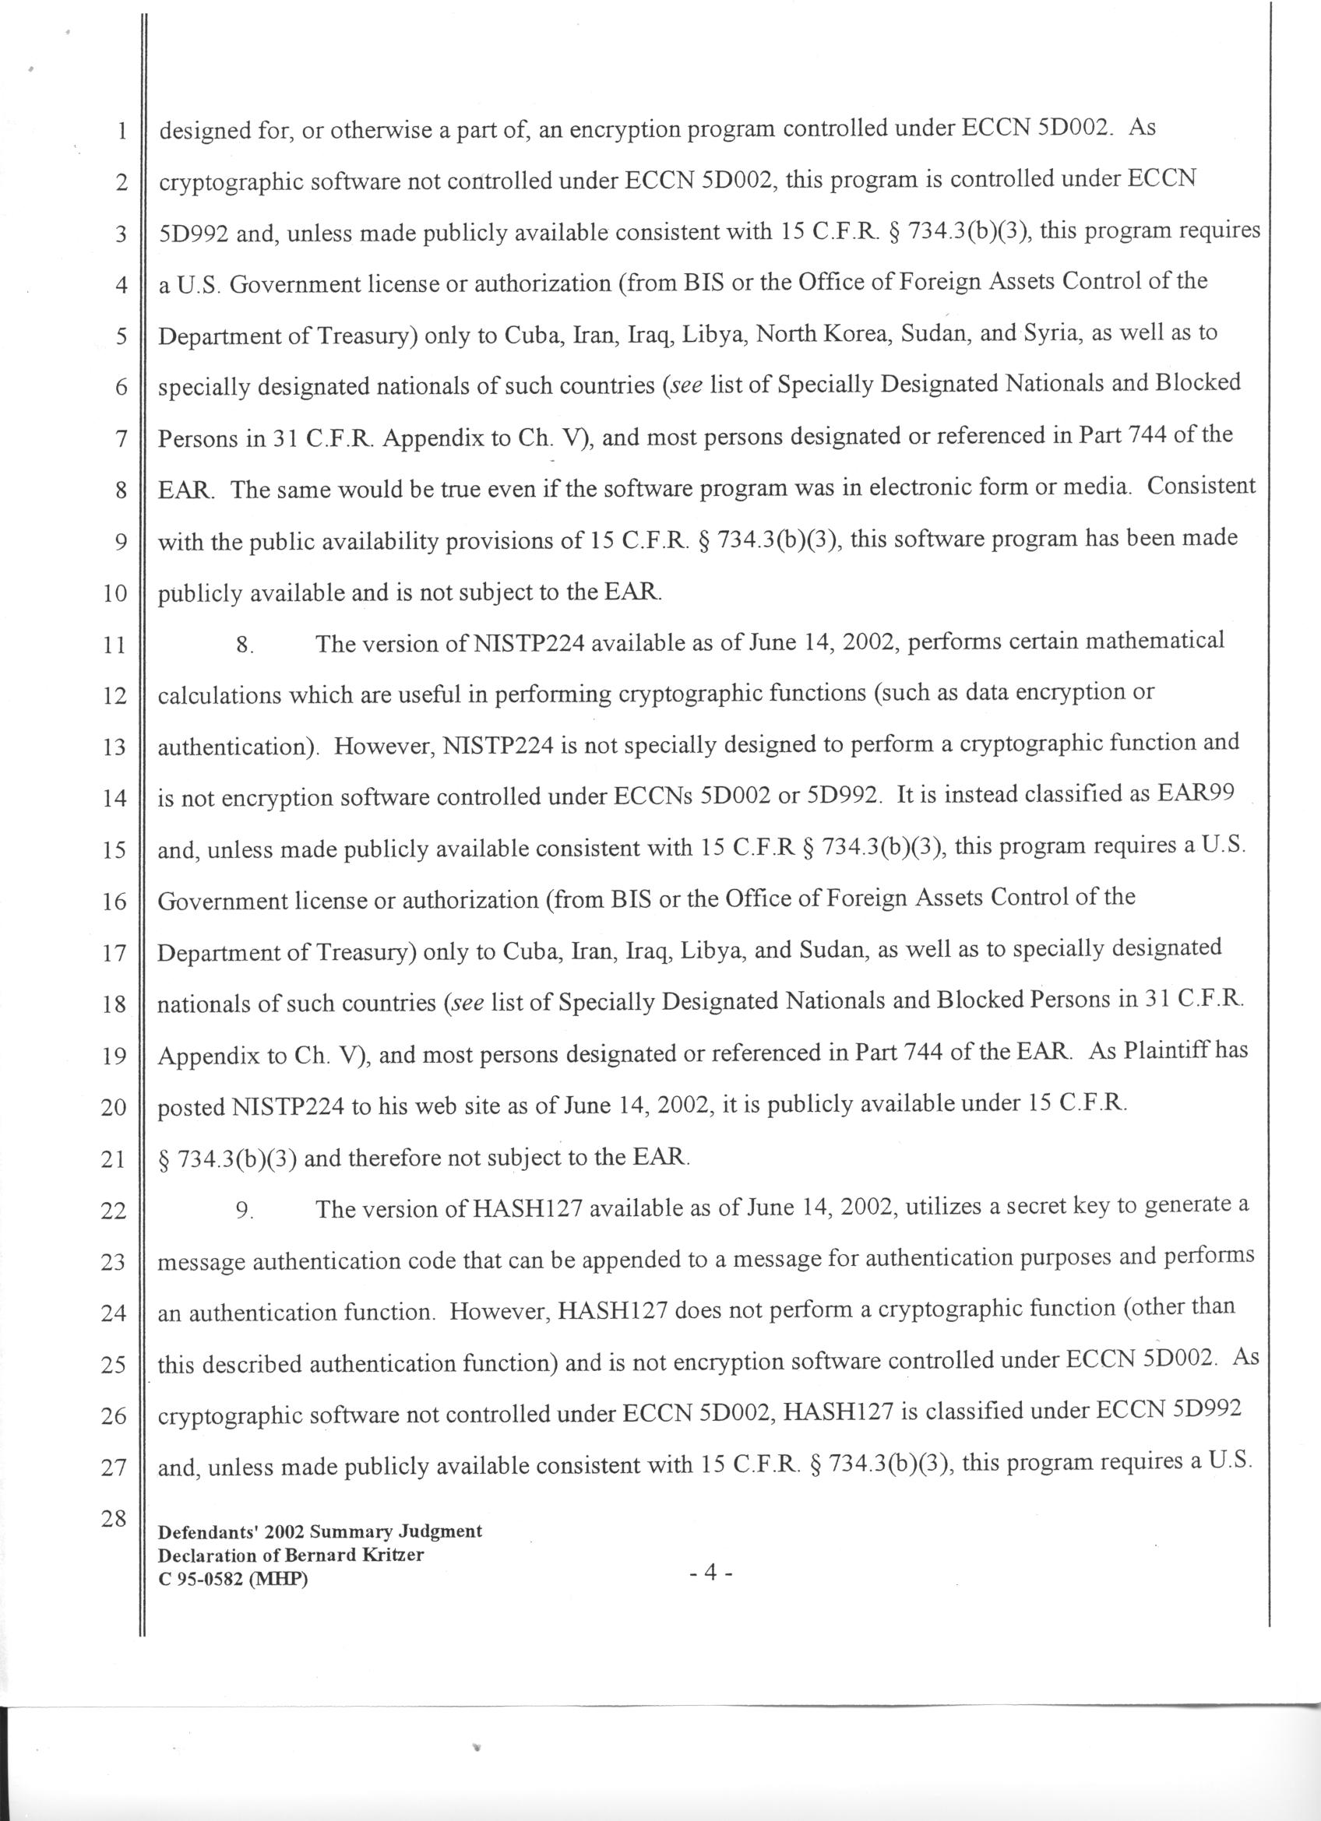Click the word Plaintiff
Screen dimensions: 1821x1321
click(1170, 1051)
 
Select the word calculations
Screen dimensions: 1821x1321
click(217, 694)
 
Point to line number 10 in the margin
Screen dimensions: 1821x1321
click(114, 594)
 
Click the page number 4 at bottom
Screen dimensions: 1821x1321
click(710, 1572)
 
